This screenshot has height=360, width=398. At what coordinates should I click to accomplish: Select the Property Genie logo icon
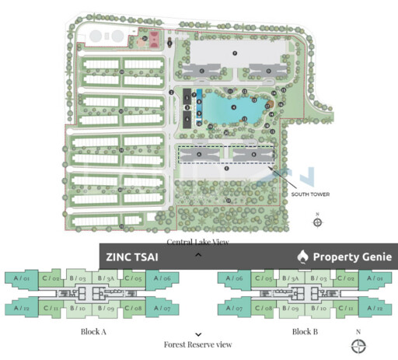pyautogui.click(x=303, y=257)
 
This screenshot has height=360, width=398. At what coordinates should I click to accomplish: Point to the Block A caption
pyautogui.click(x=93, y=331)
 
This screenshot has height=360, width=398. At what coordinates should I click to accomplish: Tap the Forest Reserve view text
pyautogui.click(x=197, y=344)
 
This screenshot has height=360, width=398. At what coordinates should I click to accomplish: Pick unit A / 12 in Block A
pyautogui.click(x=20, y=308)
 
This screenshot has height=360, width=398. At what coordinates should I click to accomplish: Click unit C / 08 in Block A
pyautogui.click(x=133, y=309)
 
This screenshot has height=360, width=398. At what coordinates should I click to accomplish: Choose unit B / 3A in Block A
pyautogui.click(x=106, y=278)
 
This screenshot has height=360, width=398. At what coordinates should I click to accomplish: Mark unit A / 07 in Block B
pyautogui.click(x=234, y=309)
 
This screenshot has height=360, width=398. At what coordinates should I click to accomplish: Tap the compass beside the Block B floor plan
pyautogui.click(x=358, y=345)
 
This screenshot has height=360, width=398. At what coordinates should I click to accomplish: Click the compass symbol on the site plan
pyautogui.click(x=317, y=222)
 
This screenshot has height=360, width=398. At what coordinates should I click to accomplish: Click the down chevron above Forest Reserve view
pyautogui.click(x=198, y=334)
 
